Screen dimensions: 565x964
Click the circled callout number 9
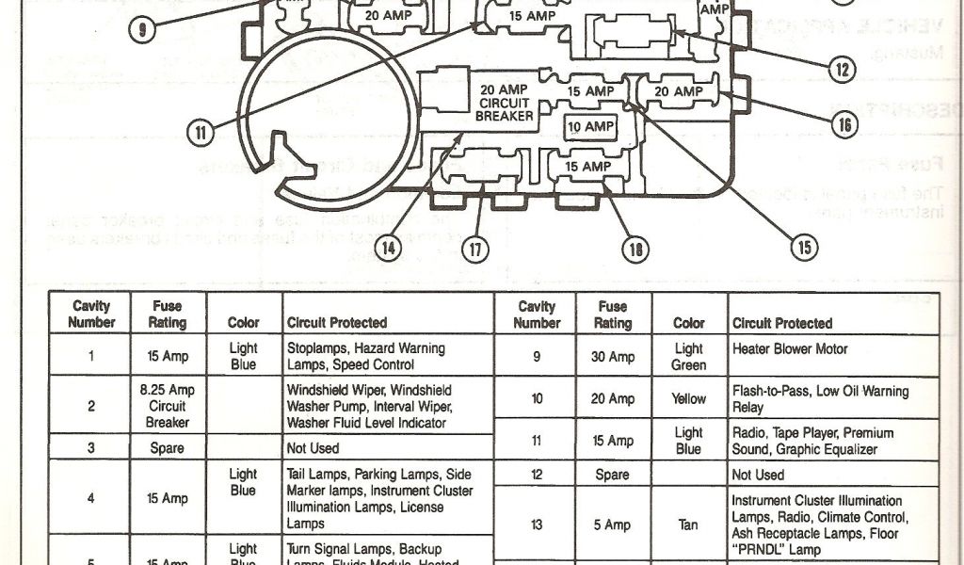point(142,29)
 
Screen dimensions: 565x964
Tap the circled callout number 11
point(200,133)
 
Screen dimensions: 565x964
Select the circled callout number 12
point(841,68)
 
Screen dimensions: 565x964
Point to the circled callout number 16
point(844,123)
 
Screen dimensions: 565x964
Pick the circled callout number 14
point(389,249)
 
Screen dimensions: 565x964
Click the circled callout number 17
point(475,249)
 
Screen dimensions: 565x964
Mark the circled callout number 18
point(636,249)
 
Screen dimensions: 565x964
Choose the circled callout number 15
point(804,249)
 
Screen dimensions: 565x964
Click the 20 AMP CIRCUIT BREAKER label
point(504,103)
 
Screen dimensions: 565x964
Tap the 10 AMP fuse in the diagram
point(589,126)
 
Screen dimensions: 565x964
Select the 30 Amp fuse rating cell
point(612,358)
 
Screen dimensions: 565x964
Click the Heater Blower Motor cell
point(789,349)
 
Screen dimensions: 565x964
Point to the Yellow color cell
point(688,399)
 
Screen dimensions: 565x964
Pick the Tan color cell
point(688,525)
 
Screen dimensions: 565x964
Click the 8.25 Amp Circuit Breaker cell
point(168,406)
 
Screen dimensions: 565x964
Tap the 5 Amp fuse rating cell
point(612,525)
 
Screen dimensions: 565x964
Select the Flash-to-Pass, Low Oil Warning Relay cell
point(820,399)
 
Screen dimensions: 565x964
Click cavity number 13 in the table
point(537,525)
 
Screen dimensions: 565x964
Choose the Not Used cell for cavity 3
point(310,449)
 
